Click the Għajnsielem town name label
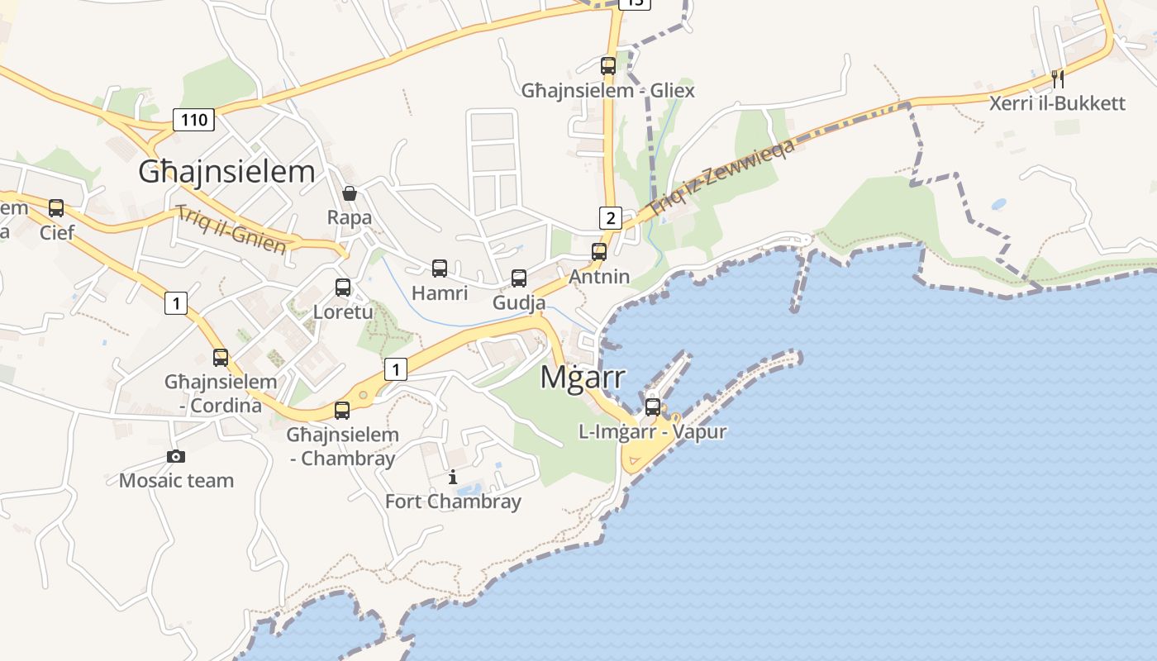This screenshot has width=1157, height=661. (x=226, y=172)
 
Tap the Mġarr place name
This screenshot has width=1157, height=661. (x=583, y=377)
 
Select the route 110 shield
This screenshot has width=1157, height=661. (x=194, y=120)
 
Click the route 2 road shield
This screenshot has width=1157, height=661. (x=610, y=218)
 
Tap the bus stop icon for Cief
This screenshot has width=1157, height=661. (x=56, y=208)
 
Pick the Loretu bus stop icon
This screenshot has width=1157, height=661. (x=343, y=288)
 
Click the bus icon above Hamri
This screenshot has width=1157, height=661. (x=440, y=269)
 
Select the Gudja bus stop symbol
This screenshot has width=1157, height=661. (x=519, y=278)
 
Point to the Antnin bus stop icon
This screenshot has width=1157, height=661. (x=599, y=252)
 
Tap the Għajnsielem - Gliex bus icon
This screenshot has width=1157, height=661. (x=608, y=66)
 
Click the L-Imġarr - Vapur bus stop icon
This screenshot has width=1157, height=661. (x=653, y=407)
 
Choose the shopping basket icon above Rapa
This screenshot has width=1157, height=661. (x=350, y=193)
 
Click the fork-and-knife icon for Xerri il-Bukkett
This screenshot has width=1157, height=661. (x=1057, y=79)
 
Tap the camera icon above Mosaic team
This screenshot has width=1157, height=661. (x=176, y=456)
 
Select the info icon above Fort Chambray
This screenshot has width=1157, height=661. (x=453, y=477)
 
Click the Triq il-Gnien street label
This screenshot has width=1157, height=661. (x=231, y=229)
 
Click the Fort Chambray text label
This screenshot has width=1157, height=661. (x=453, y=502)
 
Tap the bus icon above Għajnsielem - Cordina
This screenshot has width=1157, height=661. (x=221, y=358)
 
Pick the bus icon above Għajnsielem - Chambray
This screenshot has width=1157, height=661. (x=342, y=410)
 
